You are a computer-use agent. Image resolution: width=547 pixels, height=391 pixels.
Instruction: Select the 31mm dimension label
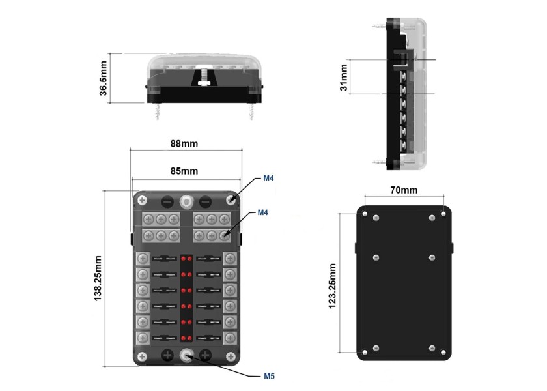click(x=344, y=78)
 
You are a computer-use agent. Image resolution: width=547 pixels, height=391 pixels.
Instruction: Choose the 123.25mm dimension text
click(x=333, y=285)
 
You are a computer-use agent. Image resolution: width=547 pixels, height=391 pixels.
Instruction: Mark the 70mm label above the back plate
click(x=404, y=190)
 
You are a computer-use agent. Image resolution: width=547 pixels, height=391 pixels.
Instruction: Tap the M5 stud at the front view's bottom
click(x=188, y=355)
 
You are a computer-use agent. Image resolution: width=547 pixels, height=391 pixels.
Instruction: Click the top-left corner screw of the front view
click(x=141, y=199)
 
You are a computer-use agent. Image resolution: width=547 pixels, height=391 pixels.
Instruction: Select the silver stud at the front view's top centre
click(x=187, y=200)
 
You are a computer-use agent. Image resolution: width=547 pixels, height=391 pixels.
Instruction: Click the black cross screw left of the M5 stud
click(x=167, y=355)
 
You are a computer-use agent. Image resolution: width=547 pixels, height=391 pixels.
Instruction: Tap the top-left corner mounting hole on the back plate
click(x=369, y=216)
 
